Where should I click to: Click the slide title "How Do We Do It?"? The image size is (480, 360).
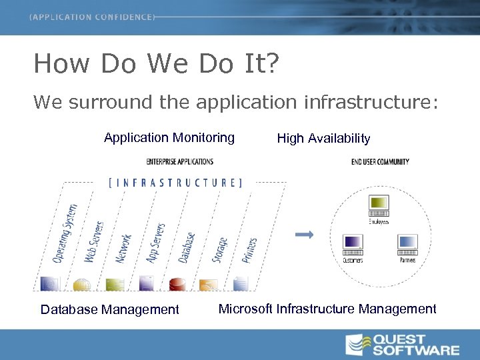coord(157,64)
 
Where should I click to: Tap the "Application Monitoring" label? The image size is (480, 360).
coord(169,138)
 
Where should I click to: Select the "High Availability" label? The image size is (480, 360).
coord(323,139)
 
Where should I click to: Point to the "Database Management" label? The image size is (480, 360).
coord(110,309)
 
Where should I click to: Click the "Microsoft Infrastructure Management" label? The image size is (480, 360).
coord(327,309)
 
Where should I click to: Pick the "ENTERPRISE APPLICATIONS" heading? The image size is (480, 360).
coord(180,161)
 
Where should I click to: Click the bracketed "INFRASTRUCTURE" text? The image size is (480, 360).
coord(175,182)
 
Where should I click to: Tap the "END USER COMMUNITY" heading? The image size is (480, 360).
coord(380,161)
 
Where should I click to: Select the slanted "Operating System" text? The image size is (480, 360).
coord(65,233)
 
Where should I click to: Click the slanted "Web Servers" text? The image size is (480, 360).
coord(94,241)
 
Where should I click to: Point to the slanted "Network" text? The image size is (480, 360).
coord(125,247)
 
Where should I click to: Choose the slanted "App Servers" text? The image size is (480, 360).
coord(155,243)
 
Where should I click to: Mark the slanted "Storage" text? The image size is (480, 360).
coord(219,249)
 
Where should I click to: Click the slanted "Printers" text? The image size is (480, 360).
coord(249,249)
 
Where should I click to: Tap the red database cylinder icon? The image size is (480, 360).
coord(177,284)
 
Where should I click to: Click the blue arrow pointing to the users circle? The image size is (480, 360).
coord(304,234)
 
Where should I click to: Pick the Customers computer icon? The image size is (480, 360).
coord(353,245)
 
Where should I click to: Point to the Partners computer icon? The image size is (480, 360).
coord(407,245)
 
